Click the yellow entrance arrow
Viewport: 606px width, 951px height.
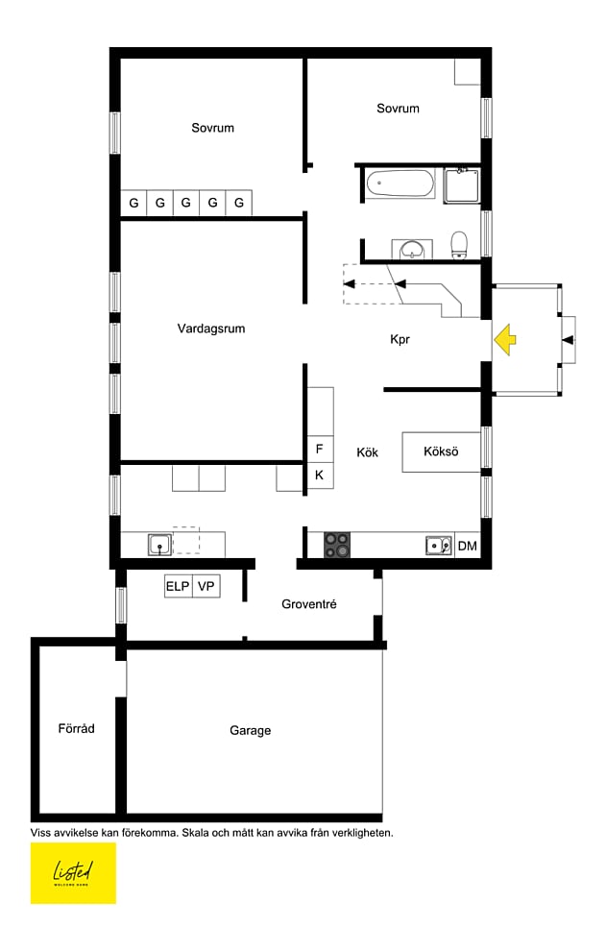[504, 340]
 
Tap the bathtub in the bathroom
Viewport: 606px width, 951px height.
[400, 183]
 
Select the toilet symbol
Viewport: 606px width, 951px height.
[459, 245]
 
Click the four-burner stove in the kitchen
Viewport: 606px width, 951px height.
[337, 545]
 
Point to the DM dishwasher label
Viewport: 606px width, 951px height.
[467, 546]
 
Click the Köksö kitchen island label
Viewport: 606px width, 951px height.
[441, 451]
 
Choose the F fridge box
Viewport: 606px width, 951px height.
[320, 450]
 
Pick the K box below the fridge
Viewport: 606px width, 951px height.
[320, 475]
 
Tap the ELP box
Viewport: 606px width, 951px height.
[179, 587]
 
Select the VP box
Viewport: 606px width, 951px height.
[206, 587]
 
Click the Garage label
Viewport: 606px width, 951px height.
[250, 731]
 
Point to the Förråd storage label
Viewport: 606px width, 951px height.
[77, 728]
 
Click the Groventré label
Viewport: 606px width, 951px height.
[309, 604]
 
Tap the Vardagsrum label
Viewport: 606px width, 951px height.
[211, 329]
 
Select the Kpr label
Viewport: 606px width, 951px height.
[400, 339]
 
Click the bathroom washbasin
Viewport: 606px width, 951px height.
[413, 249]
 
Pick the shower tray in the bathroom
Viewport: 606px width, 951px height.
[462, 185]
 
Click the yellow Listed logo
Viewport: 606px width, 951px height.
[73, 873]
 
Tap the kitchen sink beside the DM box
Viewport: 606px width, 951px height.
[439, 546]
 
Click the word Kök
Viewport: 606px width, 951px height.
[368, 451]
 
